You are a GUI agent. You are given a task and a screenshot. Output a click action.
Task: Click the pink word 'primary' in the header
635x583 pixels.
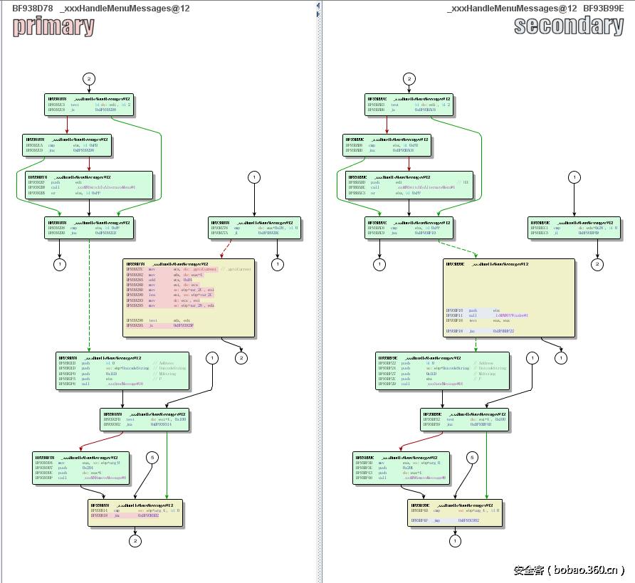53,26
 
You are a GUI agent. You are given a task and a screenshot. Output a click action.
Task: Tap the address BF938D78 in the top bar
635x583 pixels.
31,9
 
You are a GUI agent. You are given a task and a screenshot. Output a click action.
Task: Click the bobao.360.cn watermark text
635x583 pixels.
569,570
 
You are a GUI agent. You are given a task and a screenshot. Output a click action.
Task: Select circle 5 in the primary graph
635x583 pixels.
151,456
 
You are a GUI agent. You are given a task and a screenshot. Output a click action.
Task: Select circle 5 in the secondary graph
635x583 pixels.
471,457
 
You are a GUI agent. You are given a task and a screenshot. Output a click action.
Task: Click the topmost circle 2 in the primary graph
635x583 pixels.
89,78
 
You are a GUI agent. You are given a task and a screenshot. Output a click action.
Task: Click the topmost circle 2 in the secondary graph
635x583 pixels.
409,78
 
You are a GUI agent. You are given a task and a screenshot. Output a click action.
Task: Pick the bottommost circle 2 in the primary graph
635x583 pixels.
135,542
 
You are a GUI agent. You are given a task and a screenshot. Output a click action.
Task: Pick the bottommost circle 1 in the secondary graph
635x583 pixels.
455,542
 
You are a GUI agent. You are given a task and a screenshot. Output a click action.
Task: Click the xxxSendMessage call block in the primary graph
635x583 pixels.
122,371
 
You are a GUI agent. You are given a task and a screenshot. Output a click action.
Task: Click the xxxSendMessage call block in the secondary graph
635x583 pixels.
442,371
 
